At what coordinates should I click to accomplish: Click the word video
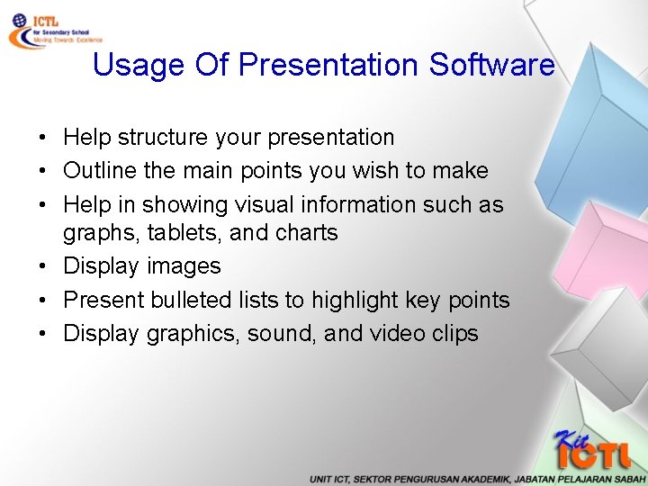click(x=397, y=334)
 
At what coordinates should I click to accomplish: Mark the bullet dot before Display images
click(x=42, y=267)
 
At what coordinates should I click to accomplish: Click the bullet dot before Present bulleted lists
click(x=42, y=301)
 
